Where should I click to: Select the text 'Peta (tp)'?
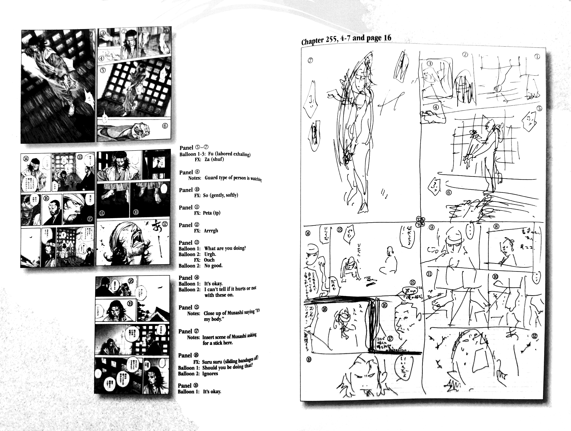pyautogui.click(x=211, y=213)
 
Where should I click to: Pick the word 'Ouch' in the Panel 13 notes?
pyautogui.click(x=209, y=260)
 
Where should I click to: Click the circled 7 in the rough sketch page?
pyautogui.click(x=310, y=60)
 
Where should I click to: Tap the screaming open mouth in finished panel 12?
pyautogui.click(x=136, y=242)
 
